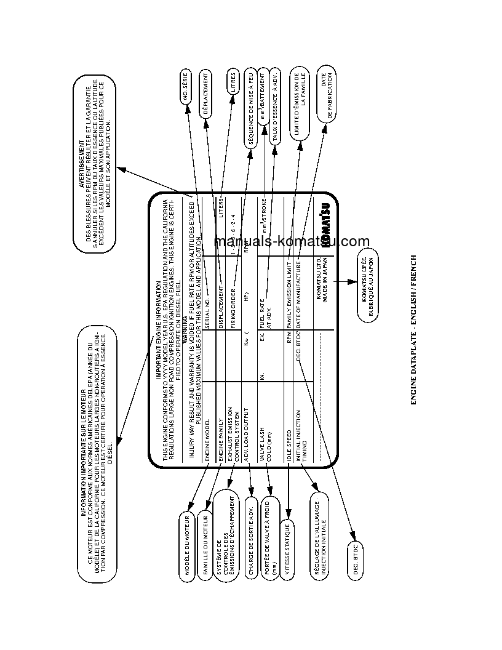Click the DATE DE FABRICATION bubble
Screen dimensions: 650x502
(326, 94)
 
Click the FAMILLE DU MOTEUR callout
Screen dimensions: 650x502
(205, 543)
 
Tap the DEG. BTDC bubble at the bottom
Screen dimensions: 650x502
(356, 560)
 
